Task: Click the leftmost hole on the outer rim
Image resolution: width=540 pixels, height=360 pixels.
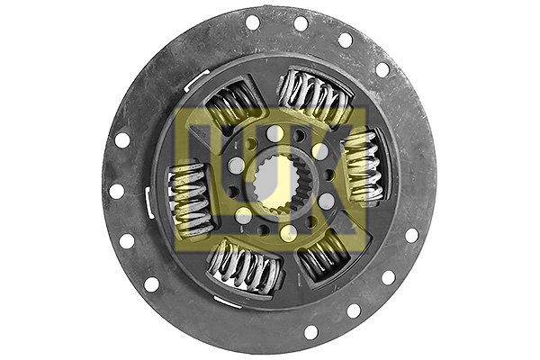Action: pyautogui.click(x=116, y=191)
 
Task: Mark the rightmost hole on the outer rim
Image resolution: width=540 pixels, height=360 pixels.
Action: pyautogui.click(x=411, y=235)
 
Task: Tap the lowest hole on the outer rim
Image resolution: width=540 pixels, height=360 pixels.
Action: pyautogui.click(x=310, y=332)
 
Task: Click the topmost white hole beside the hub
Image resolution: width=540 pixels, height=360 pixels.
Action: pyautogui.click(x=274, y=133)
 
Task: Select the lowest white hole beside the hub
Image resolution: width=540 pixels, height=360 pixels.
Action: pyautogui.click(x=288, y=233)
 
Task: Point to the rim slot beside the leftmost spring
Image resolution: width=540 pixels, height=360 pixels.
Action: pyautogui.click(x=148, y=202)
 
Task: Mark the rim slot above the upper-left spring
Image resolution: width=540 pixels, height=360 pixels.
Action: pyautogui.click(x=198, y=81)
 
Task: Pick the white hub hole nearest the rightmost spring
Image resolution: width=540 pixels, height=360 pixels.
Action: pyautogui.click(x=319, y=151)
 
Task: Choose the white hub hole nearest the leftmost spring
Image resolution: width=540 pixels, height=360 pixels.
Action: pyautogui.click(x=236, y=166)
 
